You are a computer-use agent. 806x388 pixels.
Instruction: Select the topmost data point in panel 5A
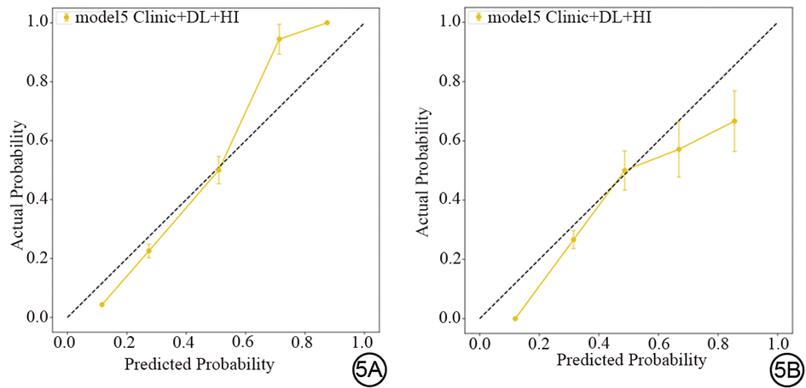(x=327, y=23)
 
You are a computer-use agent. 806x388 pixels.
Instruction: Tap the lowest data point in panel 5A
(x=102, y=304)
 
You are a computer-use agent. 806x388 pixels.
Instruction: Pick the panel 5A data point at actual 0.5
(x=218, y=170)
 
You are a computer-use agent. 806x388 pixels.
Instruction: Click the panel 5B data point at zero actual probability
(x=515, y=318)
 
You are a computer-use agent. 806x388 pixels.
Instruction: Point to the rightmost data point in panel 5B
(x=734, y=121)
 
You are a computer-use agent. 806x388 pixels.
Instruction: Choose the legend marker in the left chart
(x=66, y=16)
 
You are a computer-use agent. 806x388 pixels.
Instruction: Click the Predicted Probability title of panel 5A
(x=199, y=364)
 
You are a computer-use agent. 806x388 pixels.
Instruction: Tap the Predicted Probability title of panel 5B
(x=631, y=360)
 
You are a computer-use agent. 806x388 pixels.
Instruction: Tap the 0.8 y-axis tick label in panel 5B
(x=454, y=81)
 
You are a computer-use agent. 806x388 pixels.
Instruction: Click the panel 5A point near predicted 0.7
(x=279, y=39)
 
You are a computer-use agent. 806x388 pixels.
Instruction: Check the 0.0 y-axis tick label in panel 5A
(x=41, y=317)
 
